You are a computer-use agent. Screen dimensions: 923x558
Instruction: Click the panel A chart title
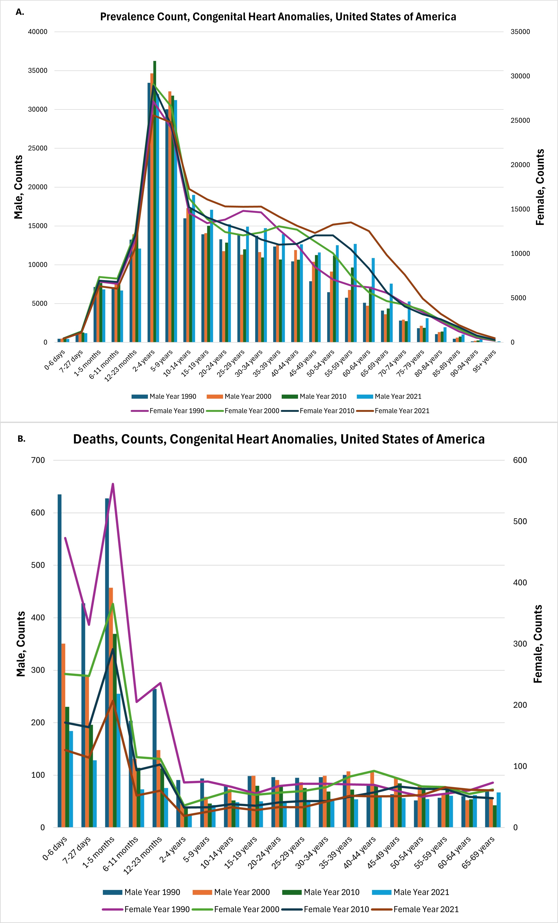(x=278, y=17)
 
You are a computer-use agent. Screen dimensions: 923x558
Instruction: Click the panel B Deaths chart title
(x=279, y=439)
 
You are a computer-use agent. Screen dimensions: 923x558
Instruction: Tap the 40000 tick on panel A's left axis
(x=38, y=32)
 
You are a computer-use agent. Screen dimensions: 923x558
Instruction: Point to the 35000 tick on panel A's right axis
(x=520, y=32)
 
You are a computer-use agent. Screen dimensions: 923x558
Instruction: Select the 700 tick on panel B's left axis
(x=38, y=460)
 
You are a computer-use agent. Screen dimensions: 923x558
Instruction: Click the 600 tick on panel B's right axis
(x=520, y=460)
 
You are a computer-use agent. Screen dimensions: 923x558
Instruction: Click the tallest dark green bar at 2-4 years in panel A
(x=154, y=202)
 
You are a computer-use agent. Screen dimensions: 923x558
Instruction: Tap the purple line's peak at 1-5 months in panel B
(x=113, y=484)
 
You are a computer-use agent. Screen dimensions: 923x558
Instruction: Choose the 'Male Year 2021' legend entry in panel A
(x=398, y=396)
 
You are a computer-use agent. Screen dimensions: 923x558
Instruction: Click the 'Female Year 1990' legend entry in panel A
(x=177, y=411)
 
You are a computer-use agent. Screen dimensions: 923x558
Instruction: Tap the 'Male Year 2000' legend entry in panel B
(x=242, y=892)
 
